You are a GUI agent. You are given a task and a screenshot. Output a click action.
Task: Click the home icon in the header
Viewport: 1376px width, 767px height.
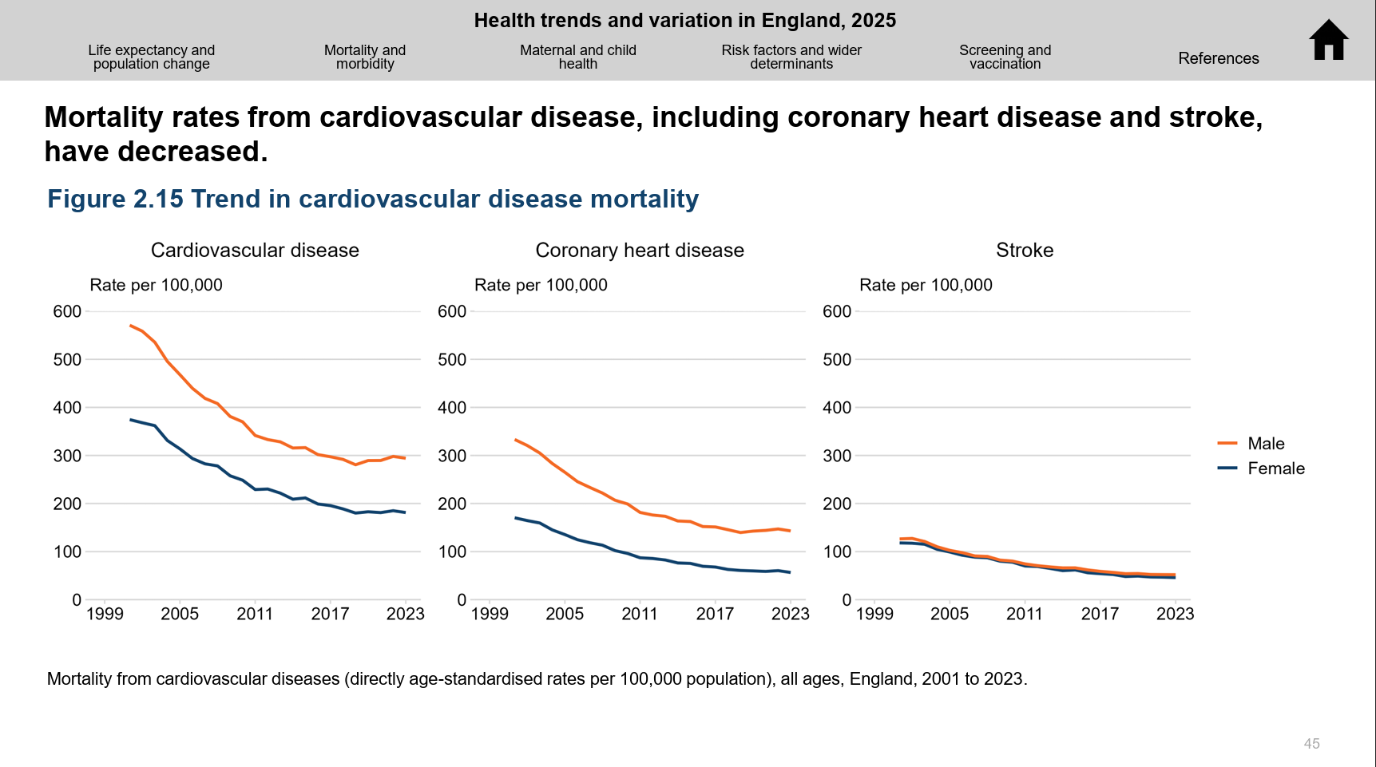click(1329, 40)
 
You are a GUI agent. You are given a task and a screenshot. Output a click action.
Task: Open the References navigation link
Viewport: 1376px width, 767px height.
click(1218, 58)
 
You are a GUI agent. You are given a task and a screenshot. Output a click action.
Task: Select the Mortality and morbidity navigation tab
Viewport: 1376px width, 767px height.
click(365, 57)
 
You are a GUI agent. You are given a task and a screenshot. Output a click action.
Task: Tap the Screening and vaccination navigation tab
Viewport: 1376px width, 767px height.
click(1005, 57)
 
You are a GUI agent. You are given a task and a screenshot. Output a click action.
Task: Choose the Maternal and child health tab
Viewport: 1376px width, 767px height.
click(578, 57)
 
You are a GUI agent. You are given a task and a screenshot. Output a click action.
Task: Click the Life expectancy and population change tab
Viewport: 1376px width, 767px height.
click(152, 57)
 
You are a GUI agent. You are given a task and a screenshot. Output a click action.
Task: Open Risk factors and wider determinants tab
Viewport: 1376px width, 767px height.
click(791, 57)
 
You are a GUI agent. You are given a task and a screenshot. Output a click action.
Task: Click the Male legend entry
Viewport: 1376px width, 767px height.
click(1265, 444)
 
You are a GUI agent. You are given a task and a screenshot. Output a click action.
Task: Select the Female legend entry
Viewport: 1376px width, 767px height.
click(1275, 469)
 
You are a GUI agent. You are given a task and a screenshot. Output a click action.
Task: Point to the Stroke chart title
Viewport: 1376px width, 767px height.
click(1025, 251)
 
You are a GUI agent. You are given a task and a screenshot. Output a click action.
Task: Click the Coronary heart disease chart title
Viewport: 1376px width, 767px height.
click(640, 251)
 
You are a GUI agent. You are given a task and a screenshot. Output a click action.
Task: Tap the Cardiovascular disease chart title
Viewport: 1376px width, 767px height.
click(255, 251)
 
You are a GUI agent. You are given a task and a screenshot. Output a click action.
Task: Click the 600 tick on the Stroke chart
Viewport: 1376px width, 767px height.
click(837, 311)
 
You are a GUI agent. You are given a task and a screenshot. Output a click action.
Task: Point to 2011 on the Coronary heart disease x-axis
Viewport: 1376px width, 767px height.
click(640, 614)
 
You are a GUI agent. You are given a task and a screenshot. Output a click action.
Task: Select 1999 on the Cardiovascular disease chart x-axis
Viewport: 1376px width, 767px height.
click(105, 614)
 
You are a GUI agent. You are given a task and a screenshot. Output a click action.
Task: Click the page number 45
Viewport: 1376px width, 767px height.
click(1311, 744)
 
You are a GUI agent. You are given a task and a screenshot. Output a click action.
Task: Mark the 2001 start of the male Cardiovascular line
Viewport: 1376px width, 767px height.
click(130, 326)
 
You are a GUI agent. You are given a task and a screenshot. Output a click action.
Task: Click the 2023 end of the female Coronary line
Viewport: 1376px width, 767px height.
click(790, 572)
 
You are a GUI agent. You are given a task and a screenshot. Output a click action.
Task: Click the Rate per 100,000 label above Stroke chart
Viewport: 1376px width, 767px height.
click(926, 285)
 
